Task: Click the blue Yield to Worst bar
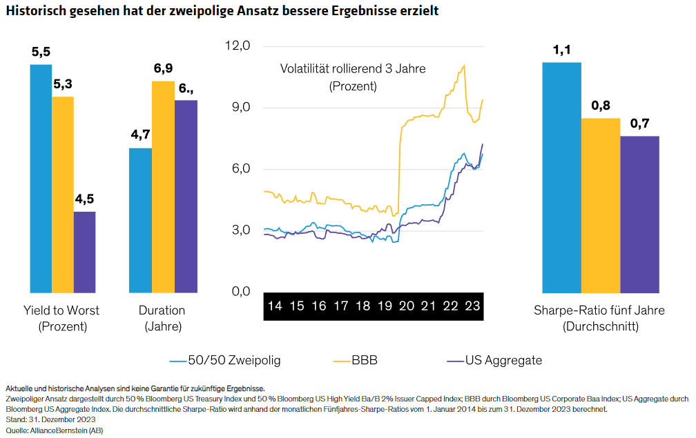click(x=41, y=179)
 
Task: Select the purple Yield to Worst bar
click(x=84, y=252)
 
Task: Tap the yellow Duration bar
click(x=163, y=187)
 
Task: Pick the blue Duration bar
click(x=140, y=220)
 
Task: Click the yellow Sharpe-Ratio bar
click(x=601, y=206)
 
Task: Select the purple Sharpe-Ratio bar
click(x=639, y=215)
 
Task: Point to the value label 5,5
click(x=41, y=52)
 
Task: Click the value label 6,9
click(x=163, y=68)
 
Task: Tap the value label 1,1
click(x=561, y=50)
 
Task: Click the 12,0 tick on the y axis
click(x=237, y=46)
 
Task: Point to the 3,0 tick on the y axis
click(x=237, y=230)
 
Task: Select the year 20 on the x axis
click(x=406, y=306)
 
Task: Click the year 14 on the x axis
click(x=275, y=306)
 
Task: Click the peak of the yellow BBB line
click(x=464, y=66)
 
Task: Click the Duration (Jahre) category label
click(x=163, y=318)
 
